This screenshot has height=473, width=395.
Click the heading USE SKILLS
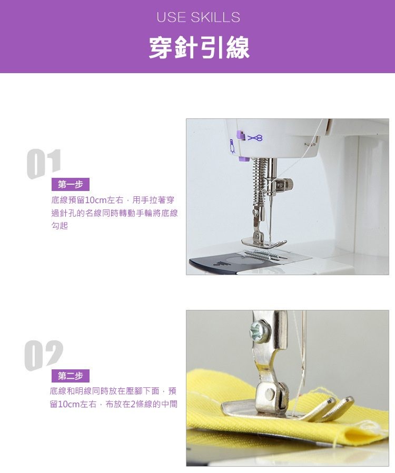(x=198, y=17)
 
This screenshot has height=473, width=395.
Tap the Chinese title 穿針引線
(x=199, y=47)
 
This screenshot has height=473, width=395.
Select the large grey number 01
(x=44, y=164)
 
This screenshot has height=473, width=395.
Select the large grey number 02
(x=44, y=355)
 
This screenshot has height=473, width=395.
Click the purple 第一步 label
(x=71, y=184)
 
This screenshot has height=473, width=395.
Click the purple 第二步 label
(x=71, y=376)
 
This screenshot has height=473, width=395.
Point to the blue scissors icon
(x=255, y=138)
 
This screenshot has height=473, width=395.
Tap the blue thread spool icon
(x=232, y=147)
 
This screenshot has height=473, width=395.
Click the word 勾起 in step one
(x=60, y=225)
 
